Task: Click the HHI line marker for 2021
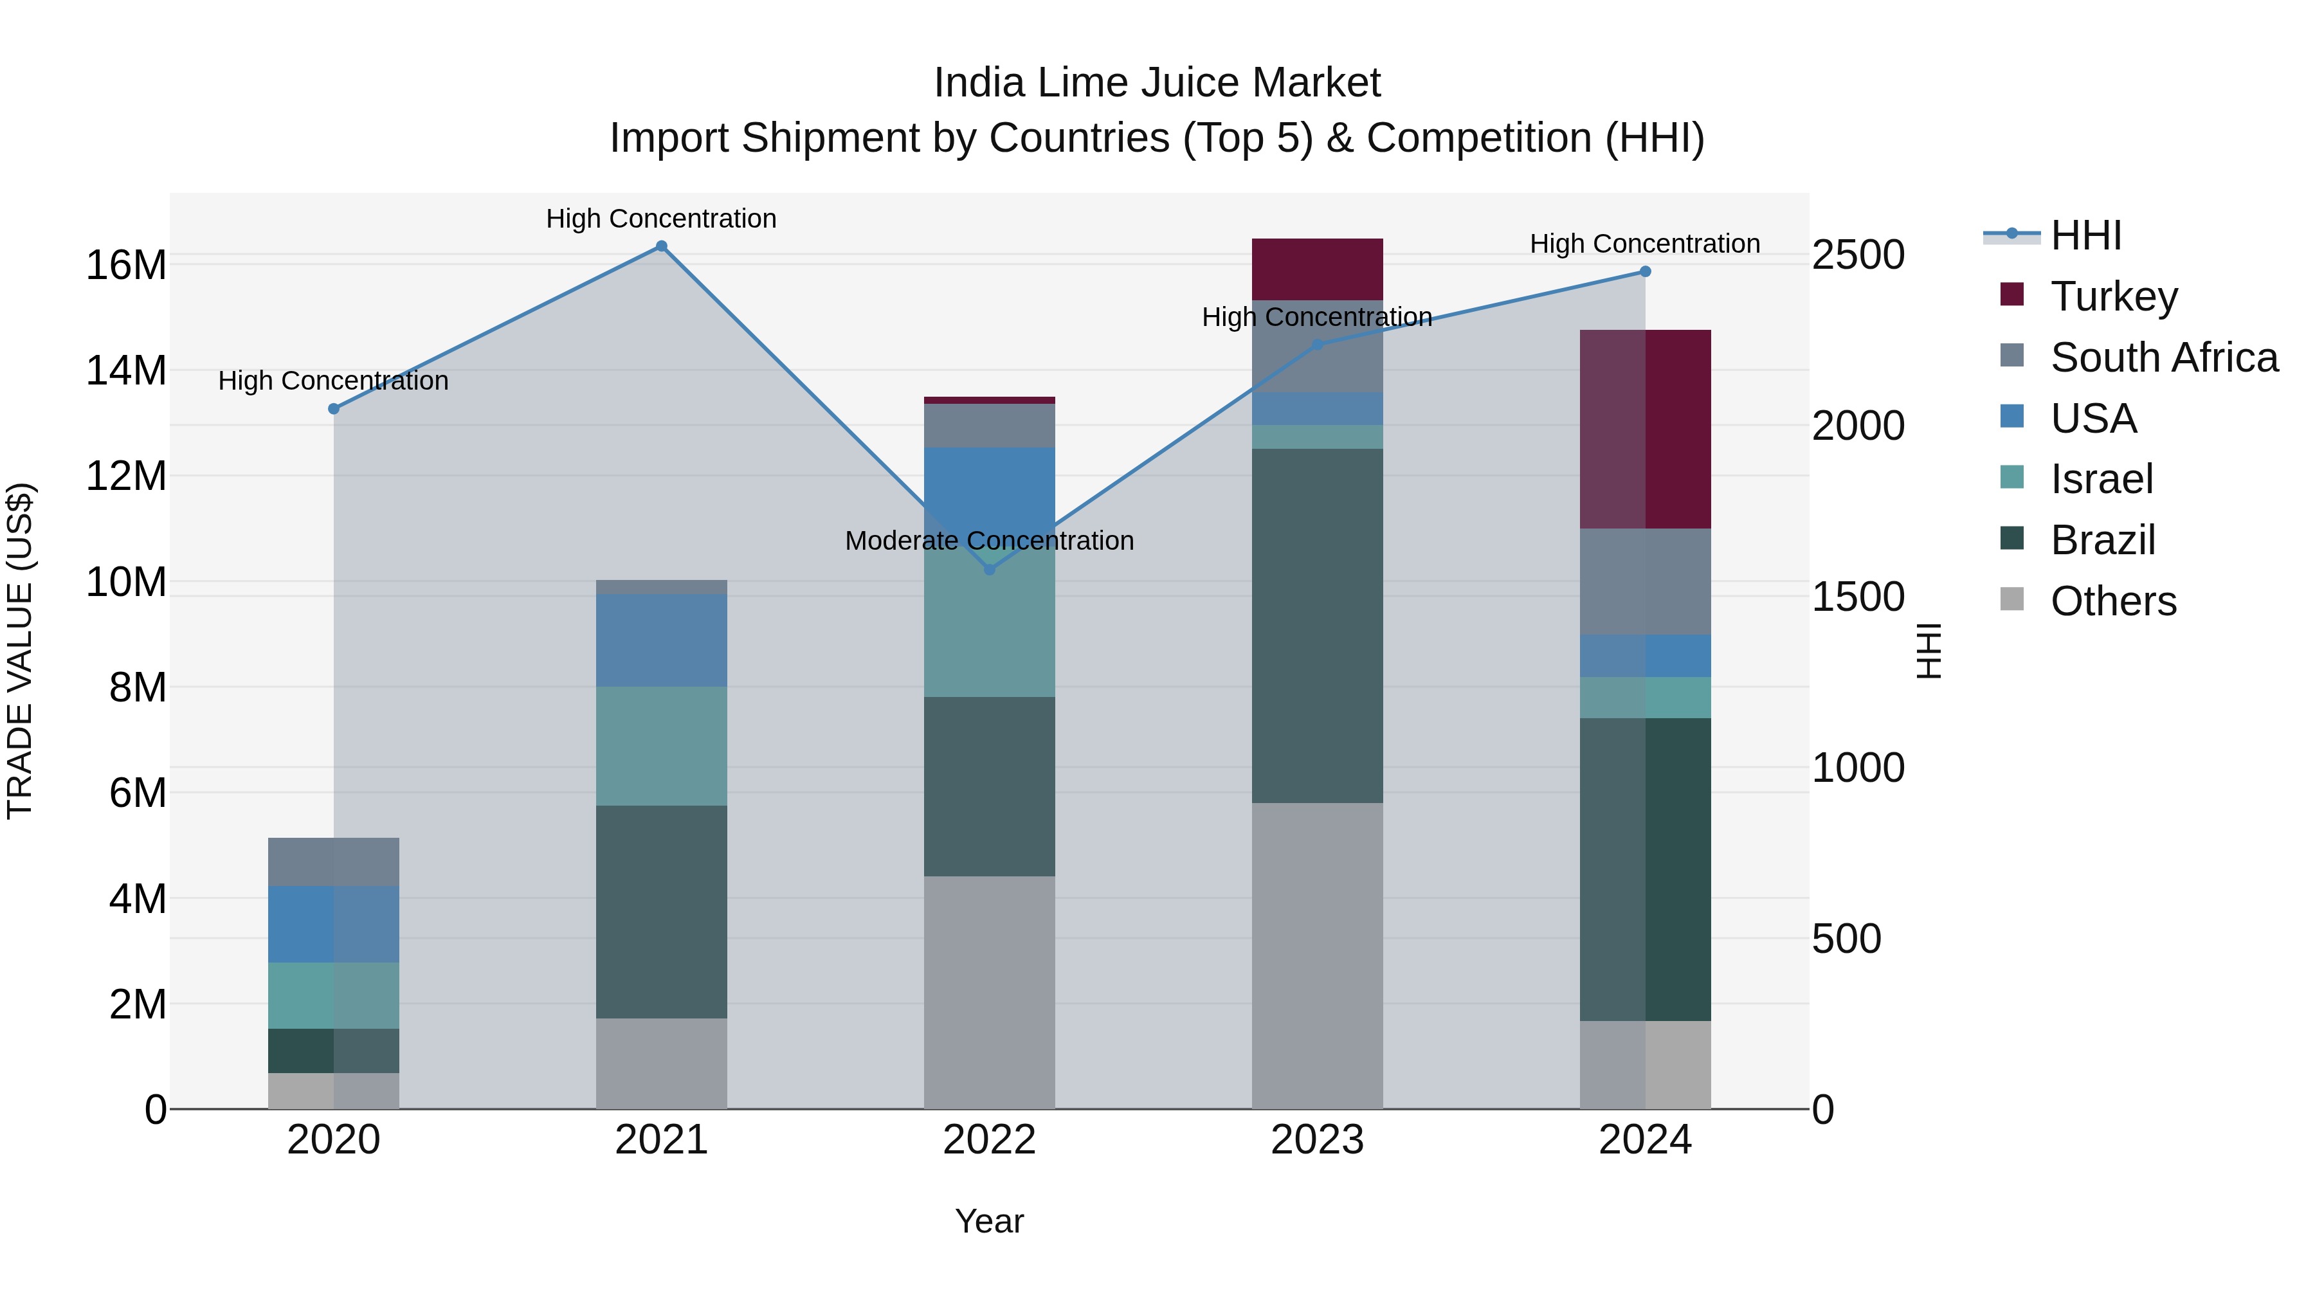coord(662,246)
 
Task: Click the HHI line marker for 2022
coord(990,570)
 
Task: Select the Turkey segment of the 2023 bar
coord(1318,269)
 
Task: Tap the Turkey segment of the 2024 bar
coord(1646,429)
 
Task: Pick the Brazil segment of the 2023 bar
coord(1318,626)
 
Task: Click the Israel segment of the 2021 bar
coord(662,746)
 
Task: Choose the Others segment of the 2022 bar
coord(990,992)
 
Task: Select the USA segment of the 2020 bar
coord(333,924)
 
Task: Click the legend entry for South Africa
coord(2164,357)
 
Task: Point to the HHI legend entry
coord(2085,235)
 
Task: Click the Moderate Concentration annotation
coord(990,541)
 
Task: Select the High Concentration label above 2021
coord(662,219)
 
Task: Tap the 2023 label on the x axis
coord(1318,1140)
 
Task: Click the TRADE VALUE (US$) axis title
coord(20,651)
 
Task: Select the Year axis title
coord(990,1221)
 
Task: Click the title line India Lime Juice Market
coord(1157,83)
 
